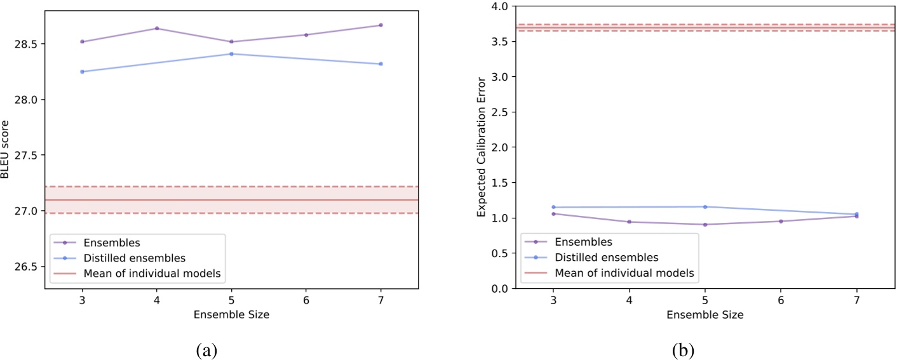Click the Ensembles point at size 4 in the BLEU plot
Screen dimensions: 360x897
pyautogui.click(x=157, y=29)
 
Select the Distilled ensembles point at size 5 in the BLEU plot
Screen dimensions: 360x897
pyautogui.click(x=231, y=54)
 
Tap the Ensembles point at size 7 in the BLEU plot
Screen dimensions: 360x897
pyautogui.click(x=381, y=25)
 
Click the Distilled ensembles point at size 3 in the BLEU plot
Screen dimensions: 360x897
pyautogui.click(x=82, y=72)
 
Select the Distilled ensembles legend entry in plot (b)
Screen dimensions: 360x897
pyautogui.click(x=606, y=257)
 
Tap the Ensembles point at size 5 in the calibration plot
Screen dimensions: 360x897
pyautogui.click(x=705, y=224)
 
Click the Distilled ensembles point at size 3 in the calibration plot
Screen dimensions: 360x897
pyautogui.click(x=553, y=207)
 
